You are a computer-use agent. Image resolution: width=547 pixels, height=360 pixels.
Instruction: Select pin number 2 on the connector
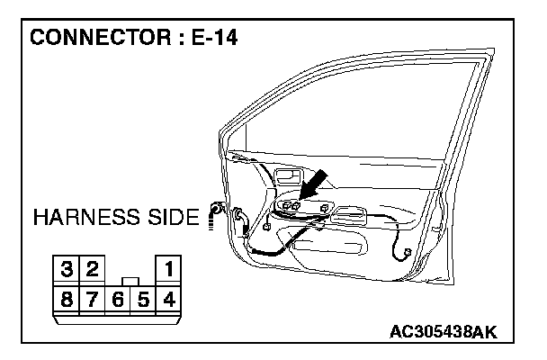coord(92,268)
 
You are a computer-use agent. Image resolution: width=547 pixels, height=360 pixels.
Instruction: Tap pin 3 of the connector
coord(67,268)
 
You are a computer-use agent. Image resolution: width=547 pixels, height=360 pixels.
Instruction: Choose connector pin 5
coord(142,296)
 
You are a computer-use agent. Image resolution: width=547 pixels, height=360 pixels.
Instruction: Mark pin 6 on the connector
coord(117,296)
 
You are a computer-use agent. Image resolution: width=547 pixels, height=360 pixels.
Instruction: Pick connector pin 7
coord(92,296)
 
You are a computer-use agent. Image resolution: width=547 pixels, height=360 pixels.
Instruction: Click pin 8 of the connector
coord(67,296)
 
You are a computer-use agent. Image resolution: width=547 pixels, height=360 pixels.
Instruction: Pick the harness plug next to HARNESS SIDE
coord(215,212)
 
